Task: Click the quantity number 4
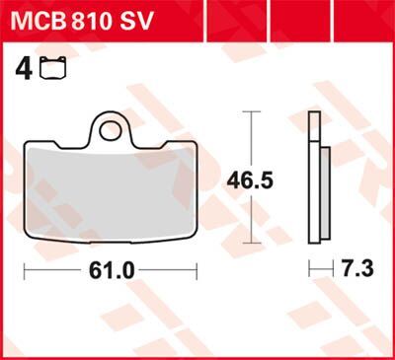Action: pyautogui.click(x=21, y=69)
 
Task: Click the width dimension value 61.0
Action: pyautogui.click(x=111, y=269)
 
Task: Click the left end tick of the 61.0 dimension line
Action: pyautogui.click(x=24, y=269)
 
